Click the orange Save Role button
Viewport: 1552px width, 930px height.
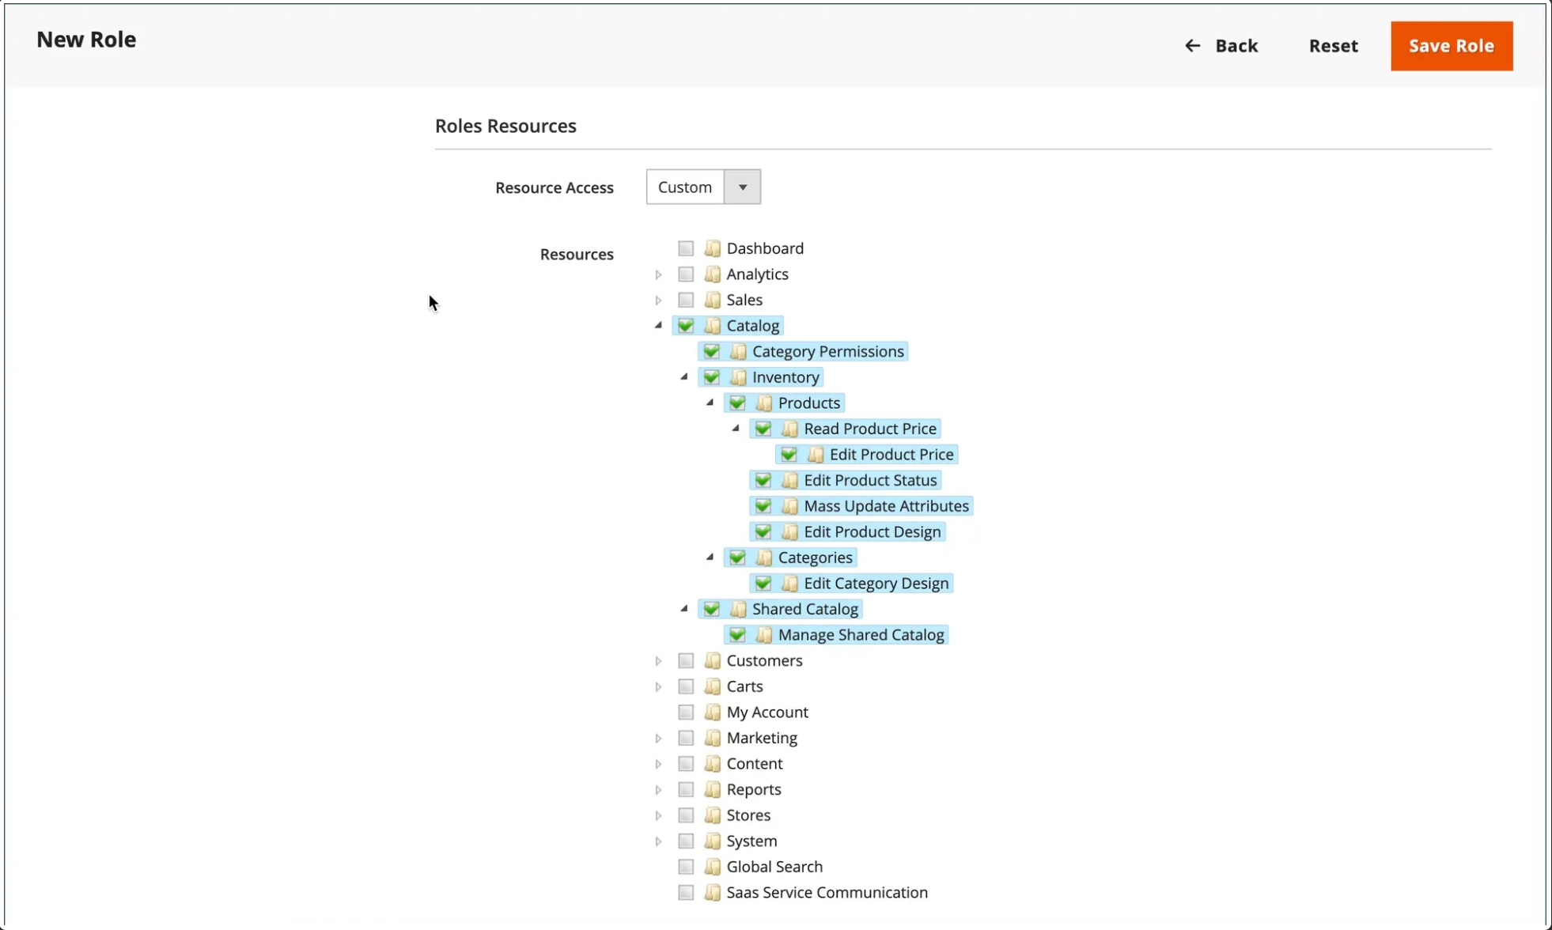tap(1452, 46)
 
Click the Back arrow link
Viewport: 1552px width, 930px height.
tap(1221, 46)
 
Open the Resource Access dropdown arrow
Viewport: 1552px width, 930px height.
tap(743, 187)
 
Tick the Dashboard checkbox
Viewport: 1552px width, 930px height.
tap(686, 248)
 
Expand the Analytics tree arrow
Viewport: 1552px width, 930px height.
tap(658, 274)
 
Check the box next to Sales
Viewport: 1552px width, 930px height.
tap(686, 300)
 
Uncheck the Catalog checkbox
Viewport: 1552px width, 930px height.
tap(686, 326)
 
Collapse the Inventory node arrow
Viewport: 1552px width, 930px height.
tap(684, 377)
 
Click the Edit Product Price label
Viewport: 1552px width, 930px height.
tap(891, 455)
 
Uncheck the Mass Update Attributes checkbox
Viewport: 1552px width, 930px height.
tap(763, 506)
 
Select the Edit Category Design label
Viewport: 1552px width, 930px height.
tap(876, 584)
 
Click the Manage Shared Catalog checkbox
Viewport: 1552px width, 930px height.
tap(737, 635)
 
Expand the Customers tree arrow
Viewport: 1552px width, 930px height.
tap(658, 661)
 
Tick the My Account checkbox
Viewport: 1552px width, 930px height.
tap(686, 713)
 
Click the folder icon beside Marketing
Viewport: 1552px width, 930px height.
tap(713, 738)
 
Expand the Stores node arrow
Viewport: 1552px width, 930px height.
tap(658, 815)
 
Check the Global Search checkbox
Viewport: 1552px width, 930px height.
tap(686, 867)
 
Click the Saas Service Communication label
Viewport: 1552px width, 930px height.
tap(827, 893)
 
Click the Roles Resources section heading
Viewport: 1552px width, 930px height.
tap(505, 126)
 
